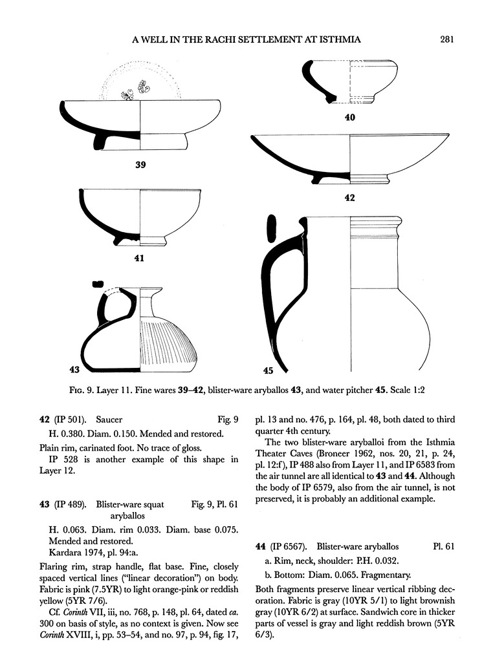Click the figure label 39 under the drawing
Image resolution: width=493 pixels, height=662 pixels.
[x=140, y=165]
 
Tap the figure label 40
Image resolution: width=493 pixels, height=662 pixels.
[x=350, y=117]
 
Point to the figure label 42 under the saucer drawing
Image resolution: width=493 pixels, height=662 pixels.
[x=349, y=197]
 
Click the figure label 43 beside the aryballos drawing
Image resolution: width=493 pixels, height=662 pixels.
[x=74, y=370]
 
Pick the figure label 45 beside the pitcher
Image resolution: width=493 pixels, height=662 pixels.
[x=268, y=370]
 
